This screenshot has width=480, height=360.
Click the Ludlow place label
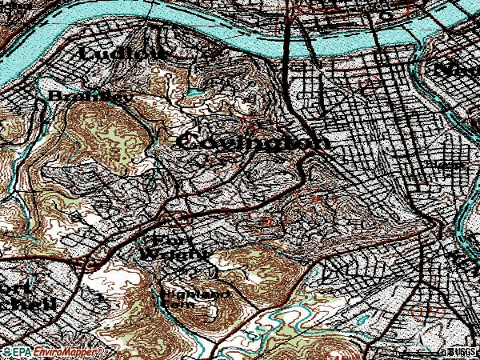[x=124, y=54]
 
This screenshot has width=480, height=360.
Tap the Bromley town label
[x=79, y=96]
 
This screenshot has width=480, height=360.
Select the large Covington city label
[x=252, y=142]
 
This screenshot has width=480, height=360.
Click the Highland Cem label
[x=196, y=298]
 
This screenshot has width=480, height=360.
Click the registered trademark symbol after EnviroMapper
[x=102, y=349]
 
